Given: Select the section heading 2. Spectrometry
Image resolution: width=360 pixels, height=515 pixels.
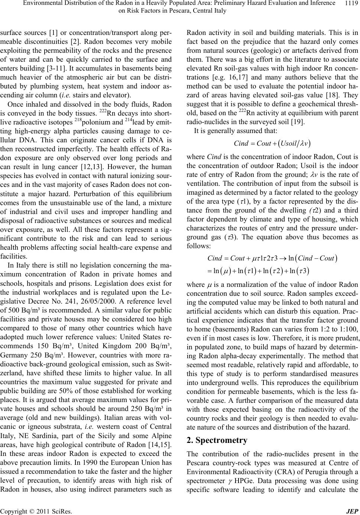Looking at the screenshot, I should (x=217, y=441).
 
